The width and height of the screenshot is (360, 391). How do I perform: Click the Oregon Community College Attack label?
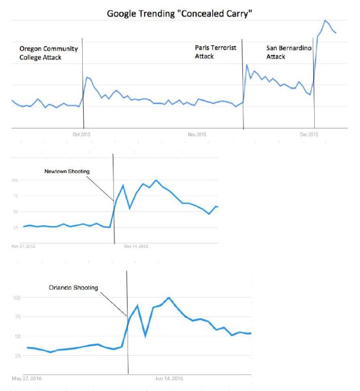tap(48, 53)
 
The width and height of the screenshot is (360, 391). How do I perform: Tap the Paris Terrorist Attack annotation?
tap(215, 52)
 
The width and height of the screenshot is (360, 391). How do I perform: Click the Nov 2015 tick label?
tap(197, 134)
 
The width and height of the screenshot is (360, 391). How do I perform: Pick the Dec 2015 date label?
tap(309, 134)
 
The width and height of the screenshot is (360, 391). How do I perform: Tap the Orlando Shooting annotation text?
tap(74, 288)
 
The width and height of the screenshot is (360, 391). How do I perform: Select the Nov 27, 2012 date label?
tap(23, 246)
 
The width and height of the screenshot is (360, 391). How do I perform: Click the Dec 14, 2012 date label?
tap(136, 246)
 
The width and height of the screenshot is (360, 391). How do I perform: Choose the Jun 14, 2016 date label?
tap(169, 379)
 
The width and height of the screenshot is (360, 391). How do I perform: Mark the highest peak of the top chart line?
tap(325, 20)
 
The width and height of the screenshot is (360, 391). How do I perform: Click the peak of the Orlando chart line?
tap(169, 297)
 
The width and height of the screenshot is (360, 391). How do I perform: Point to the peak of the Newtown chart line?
tap(156, 180)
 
